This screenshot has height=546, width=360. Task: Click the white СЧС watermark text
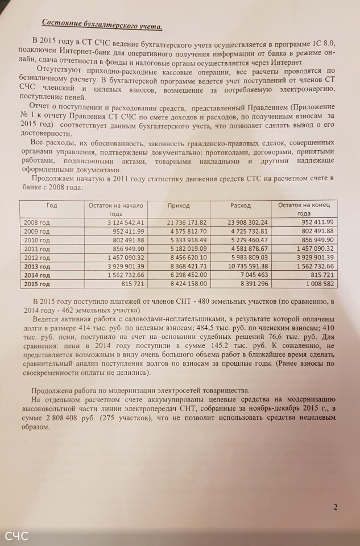click(16, 535)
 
